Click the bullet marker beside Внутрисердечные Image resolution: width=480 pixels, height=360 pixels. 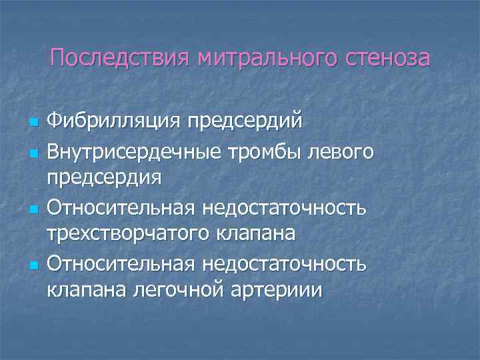31,153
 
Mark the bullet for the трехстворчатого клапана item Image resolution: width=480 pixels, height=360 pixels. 31,209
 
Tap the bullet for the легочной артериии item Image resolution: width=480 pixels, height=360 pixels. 31,265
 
